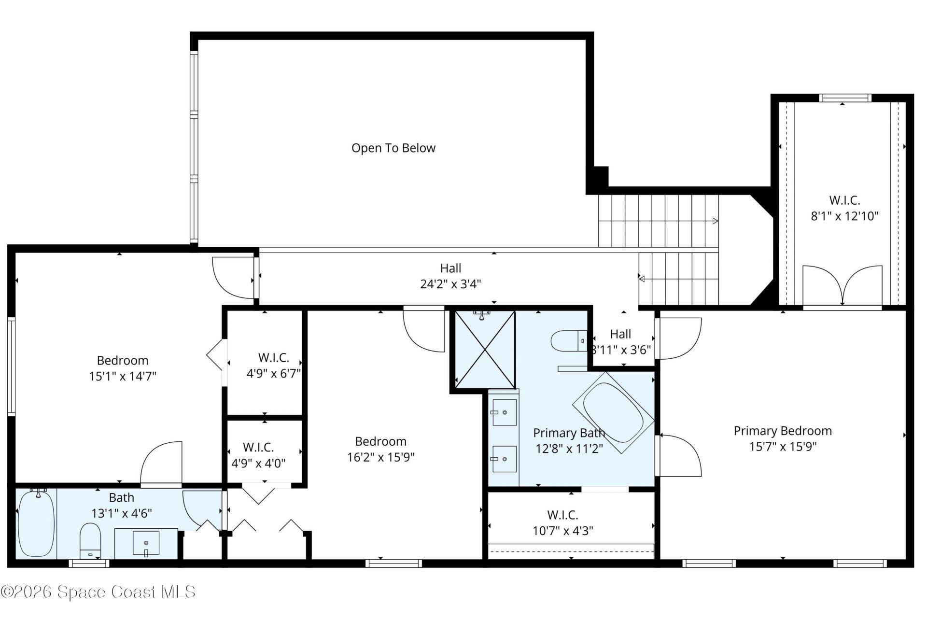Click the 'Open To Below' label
point(393,148)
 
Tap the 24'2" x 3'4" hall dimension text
point(450,284)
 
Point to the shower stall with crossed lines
point(485,350)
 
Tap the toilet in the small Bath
point(90,541)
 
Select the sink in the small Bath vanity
point(146,544)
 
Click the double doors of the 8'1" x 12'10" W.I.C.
point(842,286)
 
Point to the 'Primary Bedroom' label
point(782,431)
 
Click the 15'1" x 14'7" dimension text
point(123,376)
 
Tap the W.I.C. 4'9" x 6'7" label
point(273,366)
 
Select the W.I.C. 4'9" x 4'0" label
point(258,455)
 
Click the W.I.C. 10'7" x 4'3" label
point(562,522)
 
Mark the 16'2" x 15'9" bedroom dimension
point(380,457)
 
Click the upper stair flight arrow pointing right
point(715,221)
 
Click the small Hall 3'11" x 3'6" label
point(621,342)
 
